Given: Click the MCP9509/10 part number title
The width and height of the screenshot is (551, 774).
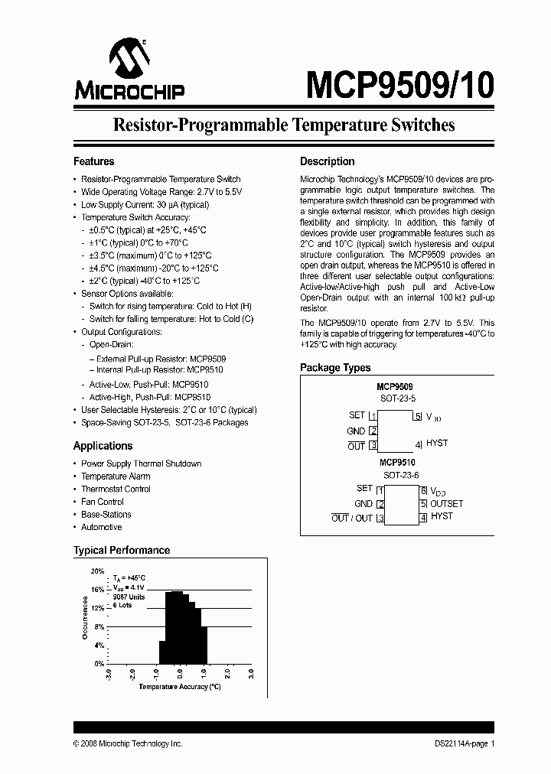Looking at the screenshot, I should (x=399, y=85).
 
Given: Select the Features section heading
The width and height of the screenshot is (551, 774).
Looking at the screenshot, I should (x=93, y=161).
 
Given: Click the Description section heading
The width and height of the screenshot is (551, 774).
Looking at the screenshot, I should (x=327, y=161).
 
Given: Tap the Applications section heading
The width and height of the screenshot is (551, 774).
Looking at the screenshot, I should (x=103, y=446).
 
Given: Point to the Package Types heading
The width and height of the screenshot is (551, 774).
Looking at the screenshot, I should (x=335, y=368).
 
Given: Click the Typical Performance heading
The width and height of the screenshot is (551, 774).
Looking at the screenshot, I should (x=121, y=550).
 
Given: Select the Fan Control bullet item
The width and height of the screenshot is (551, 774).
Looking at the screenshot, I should (x=103, y=502).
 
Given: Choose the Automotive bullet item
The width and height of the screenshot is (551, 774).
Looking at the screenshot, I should (x=101, y=527).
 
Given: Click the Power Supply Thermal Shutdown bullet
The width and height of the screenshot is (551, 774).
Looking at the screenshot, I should (x=141, y=463).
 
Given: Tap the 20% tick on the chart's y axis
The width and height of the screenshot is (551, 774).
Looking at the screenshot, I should (x=98, y=571).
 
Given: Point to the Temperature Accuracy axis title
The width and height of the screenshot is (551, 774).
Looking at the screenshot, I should (x=180, y=687).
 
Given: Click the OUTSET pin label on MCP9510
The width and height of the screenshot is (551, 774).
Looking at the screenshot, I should (x=446, y=504).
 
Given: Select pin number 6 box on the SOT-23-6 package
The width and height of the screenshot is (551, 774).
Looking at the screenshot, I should (x=422, y=490).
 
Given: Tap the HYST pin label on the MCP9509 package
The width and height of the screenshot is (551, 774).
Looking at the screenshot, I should (x=437, y=444).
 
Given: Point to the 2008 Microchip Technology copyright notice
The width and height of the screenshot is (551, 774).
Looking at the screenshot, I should (x=128, y=743).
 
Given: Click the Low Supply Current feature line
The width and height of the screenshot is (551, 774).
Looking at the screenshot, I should (x=145, y=205).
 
